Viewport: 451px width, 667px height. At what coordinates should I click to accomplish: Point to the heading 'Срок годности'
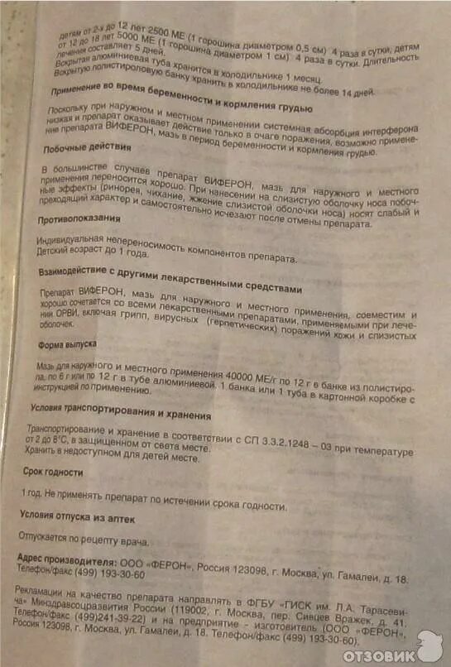[x=56, y=472]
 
